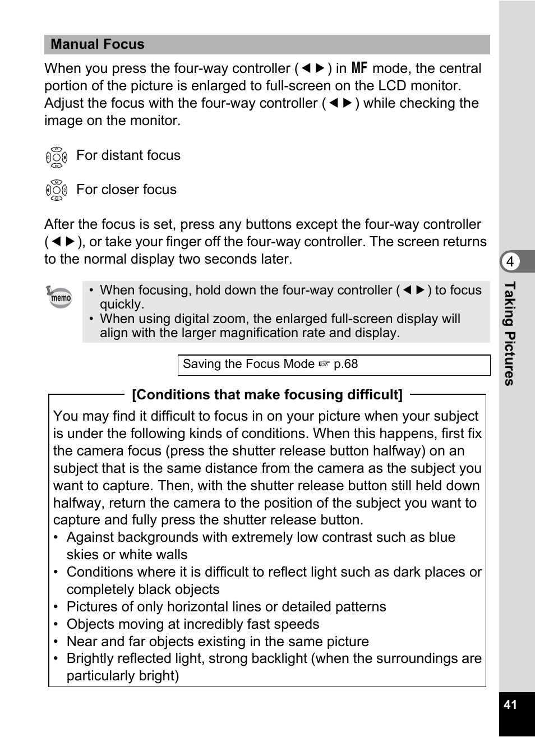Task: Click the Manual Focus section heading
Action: point(98,44)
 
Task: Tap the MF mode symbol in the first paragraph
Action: point(359,68)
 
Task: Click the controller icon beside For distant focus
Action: point(57,157)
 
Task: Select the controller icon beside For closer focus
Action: point(57,191)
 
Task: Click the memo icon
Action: point(59,297)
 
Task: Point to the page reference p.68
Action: point(345,364)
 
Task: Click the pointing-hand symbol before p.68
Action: point(324,365)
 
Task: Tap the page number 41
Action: point(510,705)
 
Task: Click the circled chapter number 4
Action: point(510,261)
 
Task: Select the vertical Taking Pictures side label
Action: point(509,333)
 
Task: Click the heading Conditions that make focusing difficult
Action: point(267,395)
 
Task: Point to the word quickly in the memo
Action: point(122,305)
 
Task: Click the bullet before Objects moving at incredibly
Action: point(56,624)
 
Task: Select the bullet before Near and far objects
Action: point(56,642)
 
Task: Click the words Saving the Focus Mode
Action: point(248,364)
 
